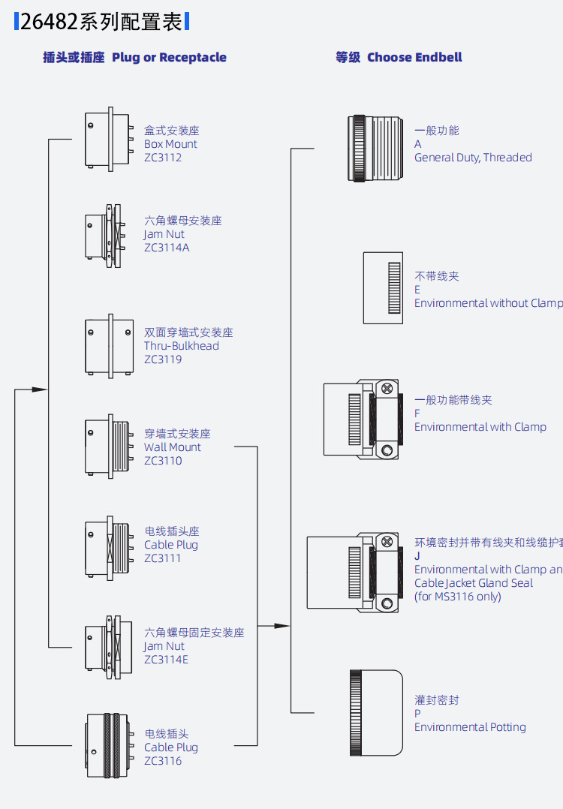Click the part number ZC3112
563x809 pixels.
[x=163, y=158]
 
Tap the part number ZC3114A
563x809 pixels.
[x=167, y=248]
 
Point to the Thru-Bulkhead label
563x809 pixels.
[x=182, y=346]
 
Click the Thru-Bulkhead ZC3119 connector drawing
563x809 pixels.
[x=108, y=345]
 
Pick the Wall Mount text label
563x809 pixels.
[x=173, y=447]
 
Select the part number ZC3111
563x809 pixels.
[x=163, y=558]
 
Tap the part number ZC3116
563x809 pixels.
[x=163, y=761]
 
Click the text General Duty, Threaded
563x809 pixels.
[x=473, y=158]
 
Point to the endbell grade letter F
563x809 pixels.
[x=417, y=414]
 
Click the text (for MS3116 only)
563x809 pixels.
[x=457, y=597]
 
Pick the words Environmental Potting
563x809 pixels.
[x=470, y=727]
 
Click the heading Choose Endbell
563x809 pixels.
[x=414, y=58]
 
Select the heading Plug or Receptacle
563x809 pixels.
[x=169, y=58]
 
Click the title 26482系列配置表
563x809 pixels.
[x=101, y=22]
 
